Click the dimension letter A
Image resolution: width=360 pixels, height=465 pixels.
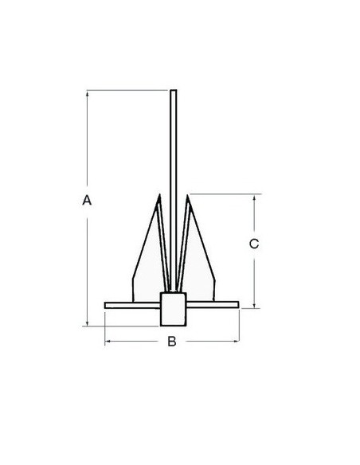[87, 200]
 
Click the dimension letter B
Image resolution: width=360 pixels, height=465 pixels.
[172, 342]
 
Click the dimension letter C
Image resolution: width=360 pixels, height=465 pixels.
[254, 244]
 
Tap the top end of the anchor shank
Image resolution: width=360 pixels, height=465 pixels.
[174, 90]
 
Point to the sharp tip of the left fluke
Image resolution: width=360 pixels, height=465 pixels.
[159, 194]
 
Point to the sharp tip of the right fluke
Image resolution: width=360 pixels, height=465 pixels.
[187, 195]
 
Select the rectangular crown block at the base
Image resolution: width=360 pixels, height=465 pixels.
[174, 309]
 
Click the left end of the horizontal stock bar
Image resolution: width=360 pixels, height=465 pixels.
[105, 305]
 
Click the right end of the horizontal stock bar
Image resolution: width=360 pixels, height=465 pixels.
[238, 305]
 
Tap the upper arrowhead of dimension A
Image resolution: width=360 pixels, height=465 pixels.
[87, 93]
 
